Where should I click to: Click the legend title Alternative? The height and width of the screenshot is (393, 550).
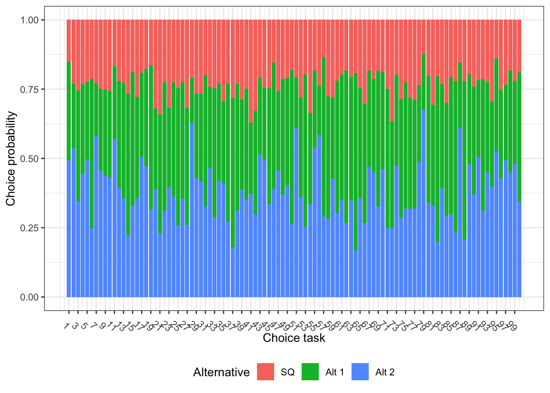click(221, 372)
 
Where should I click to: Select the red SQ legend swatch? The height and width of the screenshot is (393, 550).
click(266, 372)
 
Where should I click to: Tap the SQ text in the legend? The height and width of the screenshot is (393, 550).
click(288, 372)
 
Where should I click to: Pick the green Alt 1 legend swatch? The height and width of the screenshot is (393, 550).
click(310, 372)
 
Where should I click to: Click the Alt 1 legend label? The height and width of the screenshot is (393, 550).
click(335, 372)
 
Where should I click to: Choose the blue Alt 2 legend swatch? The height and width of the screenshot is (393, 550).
click(360, 372)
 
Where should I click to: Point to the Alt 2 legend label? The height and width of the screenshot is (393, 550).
click(385, 372)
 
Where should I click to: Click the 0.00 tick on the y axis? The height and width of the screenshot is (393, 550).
click(29, 297)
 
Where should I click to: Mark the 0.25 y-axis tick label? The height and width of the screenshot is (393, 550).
click(29, 228)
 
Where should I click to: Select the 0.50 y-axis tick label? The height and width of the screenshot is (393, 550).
click(29, 158)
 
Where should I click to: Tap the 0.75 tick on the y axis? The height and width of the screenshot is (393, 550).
click(29, 89)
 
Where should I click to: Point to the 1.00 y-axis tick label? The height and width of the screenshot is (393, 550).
click(29, 20)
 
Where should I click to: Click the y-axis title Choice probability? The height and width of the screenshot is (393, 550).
click(11, 158)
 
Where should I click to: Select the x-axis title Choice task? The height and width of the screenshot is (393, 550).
click(294, 338)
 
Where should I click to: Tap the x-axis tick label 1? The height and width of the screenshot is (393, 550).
click(66, 325)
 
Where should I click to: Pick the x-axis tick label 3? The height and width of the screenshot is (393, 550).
click(75, 325)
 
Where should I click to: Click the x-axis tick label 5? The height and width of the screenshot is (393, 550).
click(84, 325)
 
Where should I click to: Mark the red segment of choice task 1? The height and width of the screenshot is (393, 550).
click(69, 41)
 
